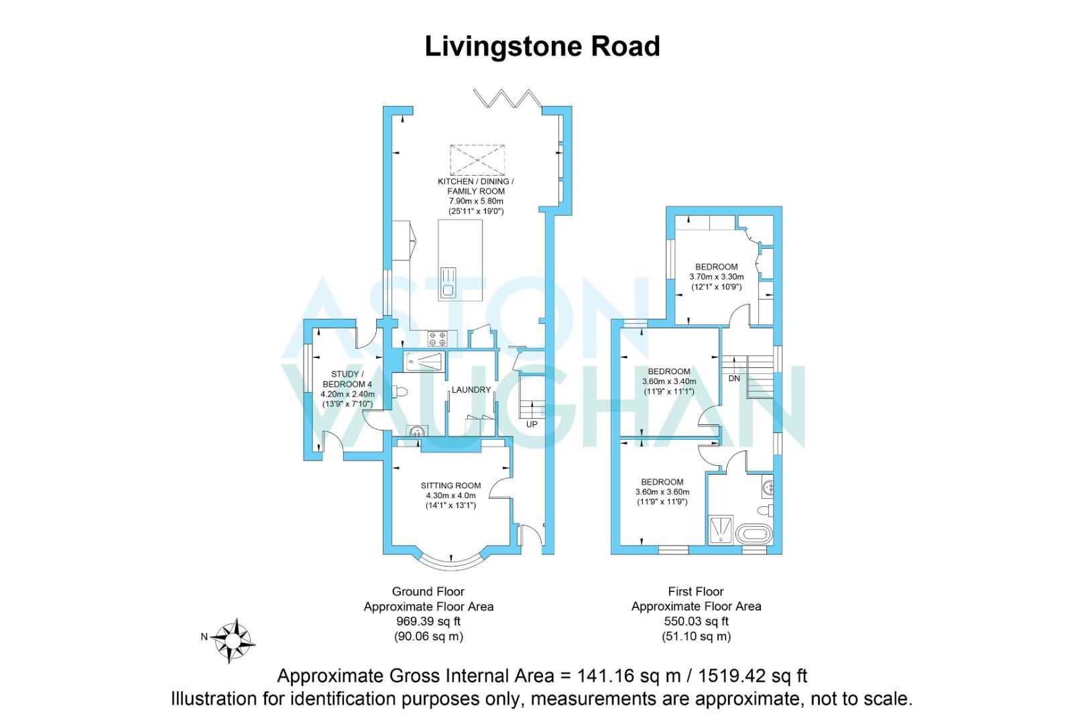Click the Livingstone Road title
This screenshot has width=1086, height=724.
tap(542, 46)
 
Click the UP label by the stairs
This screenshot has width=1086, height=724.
tap(532, 424)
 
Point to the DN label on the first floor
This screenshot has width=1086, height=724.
tap(734, 378)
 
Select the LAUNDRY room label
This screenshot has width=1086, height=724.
tap(471, 389)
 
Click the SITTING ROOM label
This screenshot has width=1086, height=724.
tap(451, 485)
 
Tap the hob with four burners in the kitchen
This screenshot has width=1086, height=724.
tap(437, 339)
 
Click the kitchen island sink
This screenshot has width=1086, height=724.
tap(448, 284)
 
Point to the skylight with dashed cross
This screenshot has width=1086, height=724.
tap(477, 160)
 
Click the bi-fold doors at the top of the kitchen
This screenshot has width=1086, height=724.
tap(507, 99)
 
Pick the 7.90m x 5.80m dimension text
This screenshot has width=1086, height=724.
tap(476, 200)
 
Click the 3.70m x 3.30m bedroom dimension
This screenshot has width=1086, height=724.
tap(717, 277)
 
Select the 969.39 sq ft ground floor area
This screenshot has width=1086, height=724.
tap(428, 621)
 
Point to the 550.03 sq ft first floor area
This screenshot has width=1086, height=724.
tap(697, 621)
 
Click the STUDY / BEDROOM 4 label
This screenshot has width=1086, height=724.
tap(347, 379)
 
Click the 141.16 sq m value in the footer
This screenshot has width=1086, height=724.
tap(629, 676)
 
